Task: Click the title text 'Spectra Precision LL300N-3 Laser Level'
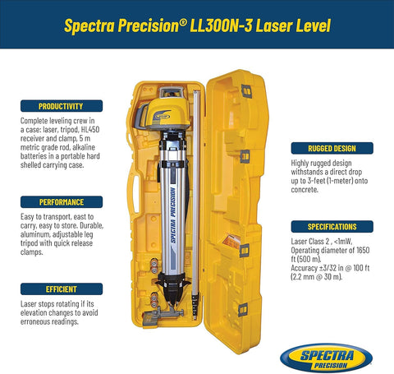(197, 25)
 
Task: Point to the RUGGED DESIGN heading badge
(332, 149)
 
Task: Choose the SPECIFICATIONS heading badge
(332, 226)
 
